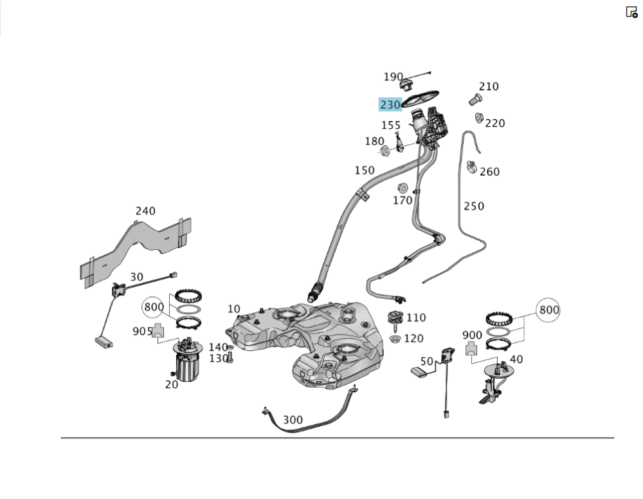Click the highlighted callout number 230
pos(390,105)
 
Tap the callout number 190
pos(393,77)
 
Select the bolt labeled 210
pos(475,99)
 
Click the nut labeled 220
pos(479,118)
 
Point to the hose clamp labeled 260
pos(471,167)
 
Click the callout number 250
pos(474,206)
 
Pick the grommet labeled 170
pos(403,189)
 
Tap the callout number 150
pos(365,170)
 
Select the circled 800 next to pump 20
pos(154,306)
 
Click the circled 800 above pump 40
pos(548,310)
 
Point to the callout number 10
pos(233,309)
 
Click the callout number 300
pos(293,420)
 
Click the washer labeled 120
pos(395,339)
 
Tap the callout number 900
pos(472,335)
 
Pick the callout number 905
pos(142,331)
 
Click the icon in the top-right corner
pos(631,12)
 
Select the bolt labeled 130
pos(230,358)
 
